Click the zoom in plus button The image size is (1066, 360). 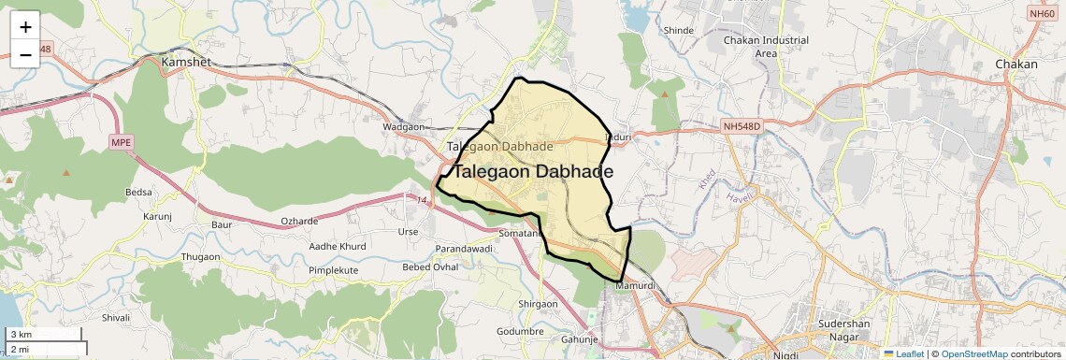point(25,26)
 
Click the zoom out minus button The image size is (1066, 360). point(25,54)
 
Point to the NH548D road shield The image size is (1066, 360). point(742,125)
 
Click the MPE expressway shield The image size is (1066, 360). point(121,142)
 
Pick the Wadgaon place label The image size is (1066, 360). point(404,126)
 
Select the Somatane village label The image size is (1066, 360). point(520,232)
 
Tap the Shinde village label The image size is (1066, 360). point(678,31)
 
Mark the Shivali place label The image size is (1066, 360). point(116,318)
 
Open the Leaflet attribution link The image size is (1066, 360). point(903,353)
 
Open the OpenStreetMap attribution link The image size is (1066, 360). point(973,353)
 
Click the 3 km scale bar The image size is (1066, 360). point(45,335)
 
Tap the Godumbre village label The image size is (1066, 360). point(520,332)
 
